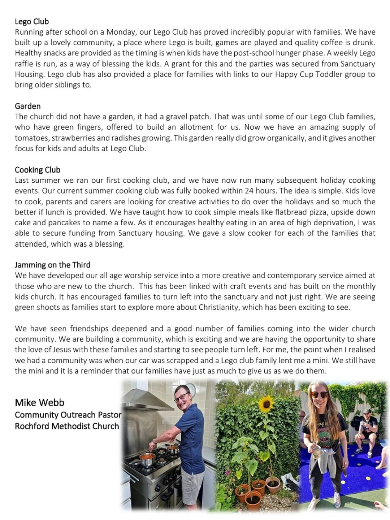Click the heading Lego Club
(x=32, y=21)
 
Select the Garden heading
(x=27, y=106)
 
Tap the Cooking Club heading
(x=38, y=170)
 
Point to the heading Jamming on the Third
(x=52, y=265)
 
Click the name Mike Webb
(x=39, y=402)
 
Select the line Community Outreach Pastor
(x=68, y=415)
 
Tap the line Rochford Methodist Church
(x=67, y=426)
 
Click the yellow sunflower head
(x=266, y=401)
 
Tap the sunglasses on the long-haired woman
(x=319, y=395)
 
